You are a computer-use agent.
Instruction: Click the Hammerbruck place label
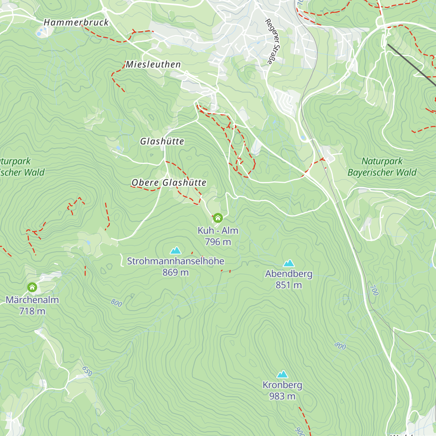(x=76, y=23)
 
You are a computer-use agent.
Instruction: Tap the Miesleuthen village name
(x=153, y=65)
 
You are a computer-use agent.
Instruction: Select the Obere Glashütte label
(x=169, y=182)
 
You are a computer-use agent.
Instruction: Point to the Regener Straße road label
(x=273, y=41)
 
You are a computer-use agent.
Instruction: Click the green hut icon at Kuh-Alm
(x=218, y=218)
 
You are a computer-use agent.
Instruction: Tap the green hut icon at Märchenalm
(x=32, y=287)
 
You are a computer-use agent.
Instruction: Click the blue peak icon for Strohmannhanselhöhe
(x=175, y=250)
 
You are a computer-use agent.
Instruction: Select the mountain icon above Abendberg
(x=289, y=263)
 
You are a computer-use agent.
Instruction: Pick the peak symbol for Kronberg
(x=282, y=374)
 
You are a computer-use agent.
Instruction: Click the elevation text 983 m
(x=282, y=396)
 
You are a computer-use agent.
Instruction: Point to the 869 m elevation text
(x=175, y=272)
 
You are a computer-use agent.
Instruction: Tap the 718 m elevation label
(x=32, y=311)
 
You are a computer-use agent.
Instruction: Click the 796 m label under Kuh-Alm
(x=218, y=242)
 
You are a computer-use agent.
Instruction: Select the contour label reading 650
(x=87, y=371)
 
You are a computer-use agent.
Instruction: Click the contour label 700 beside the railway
(x=374, y=290)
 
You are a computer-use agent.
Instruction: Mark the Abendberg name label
(x=289, y=274)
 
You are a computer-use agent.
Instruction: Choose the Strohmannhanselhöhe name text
(x=175, y=261)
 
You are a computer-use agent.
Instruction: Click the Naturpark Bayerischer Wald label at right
(x=382, y=167)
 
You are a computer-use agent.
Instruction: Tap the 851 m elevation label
(x=289, y=285)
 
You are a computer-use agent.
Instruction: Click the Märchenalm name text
(x=32, y=300)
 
